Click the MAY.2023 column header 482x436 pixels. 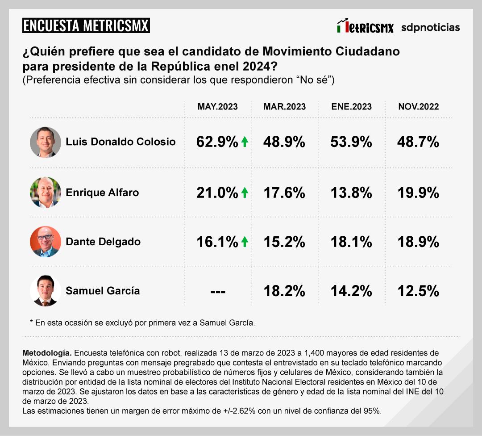point(217,107)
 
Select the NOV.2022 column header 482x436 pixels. point(418,107)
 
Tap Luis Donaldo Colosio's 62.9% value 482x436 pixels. point(217,142)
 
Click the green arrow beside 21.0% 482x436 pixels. point(244,193)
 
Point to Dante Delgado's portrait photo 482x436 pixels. point(45,242)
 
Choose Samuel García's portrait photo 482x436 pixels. point(45,291)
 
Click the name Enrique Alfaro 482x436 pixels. point(102,193)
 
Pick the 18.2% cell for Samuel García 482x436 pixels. point(284,291)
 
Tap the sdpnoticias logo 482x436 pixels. point(430,27)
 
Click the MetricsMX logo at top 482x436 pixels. point(365,27)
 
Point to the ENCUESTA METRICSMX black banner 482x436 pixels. point(86,25)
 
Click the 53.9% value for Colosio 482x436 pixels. point(351,142)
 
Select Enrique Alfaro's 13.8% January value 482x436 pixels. point(351,193)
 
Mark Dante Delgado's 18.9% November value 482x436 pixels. point(418,242)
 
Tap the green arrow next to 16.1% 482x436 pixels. point(244,242)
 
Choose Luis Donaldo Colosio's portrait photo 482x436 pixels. point(45,142)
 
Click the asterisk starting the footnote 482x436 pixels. point(32,322)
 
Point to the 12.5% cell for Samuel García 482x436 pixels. point(418,291)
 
